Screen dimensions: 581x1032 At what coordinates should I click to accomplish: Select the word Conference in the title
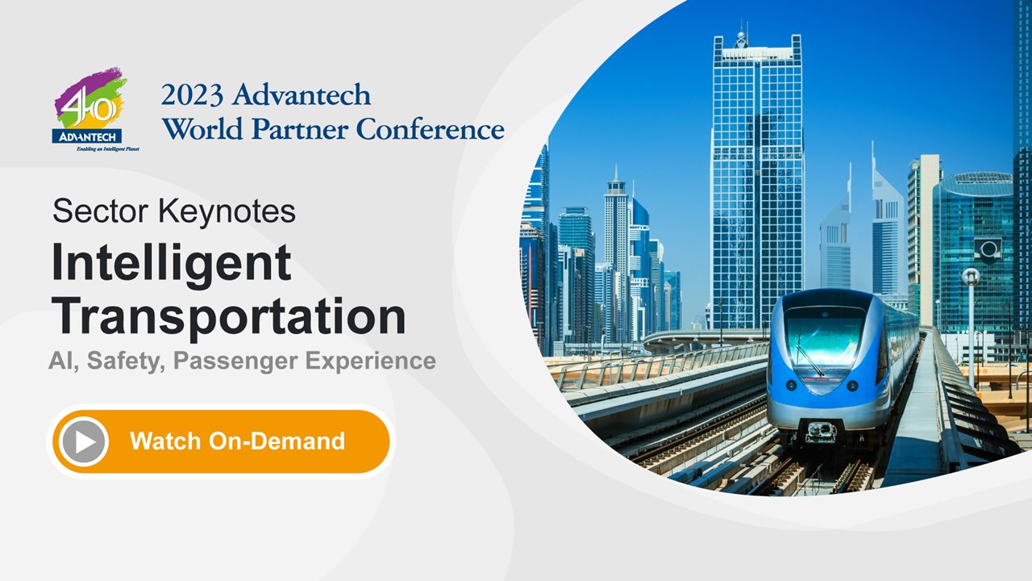(x=431, y=129)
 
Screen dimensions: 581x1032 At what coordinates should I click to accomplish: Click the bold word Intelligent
(x=171, y=264)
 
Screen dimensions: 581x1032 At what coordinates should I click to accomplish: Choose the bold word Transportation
(x=229, y=316)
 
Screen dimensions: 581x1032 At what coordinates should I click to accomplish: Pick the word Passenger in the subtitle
(x=235, y=361)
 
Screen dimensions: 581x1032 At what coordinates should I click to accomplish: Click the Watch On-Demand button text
(x=237, y=441)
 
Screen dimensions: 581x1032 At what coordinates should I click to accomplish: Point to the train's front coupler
(x=821, y=433)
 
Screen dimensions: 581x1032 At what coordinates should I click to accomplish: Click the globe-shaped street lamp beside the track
(x=971, y=276)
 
